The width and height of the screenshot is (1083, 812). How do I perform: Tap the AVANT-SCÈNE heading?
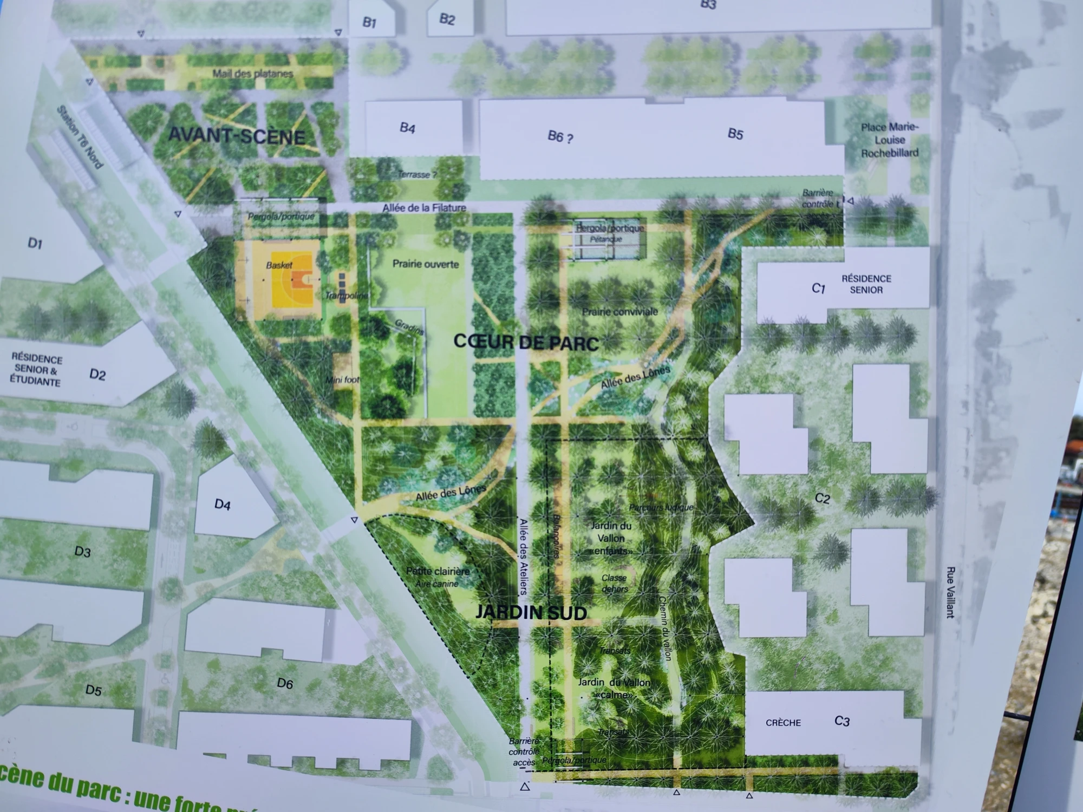(x=237, y=135)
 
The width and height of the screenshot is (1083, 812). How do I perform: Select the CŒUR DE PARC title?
(x=526, y=342)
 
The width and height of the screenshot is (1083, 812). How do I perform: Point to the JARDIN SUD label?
(x=531, y=612)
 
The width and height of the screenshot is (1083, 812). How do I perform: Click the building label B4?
(x=407, y=128)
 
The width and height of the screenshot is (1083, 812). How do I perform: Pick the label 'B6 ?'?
(x=560, y=136)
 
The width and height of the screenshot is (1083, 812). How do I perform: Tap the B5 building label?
(x=735, y=134)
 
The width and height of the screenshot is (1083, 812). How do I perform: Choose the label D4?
(x=223, y=505)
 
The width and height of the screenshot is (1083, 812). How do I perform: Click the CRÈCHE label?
(x=783, y=723)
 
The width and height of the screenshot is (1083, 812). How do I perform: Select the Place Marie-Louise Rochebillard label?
(x=890, y=140)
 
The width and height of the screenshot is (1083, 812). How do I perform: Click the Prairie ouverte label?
(x=426, y=264)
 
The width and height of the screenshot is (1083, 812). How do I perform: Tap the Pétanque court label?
(x=606, y=239)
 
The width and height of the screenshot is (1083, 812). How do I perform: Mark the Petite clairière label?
(x=438, y=571)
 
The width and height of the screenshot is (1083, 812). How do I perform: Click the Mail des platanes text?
(x=252, y=74)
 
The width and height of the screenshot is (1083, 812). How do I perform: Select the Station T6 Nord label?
(x=80, y=136)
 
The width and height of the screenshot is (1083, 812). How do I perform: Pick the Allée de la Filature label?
(x=424, y=207)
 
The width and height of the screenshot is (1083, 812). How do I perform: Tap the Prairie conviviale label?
(x=619, y=312)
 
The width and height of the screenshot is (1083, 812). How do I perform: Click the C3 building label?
(x=842, y=721)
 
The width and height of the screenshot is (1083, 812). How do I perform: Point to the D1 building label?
(x=35, y=244)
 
